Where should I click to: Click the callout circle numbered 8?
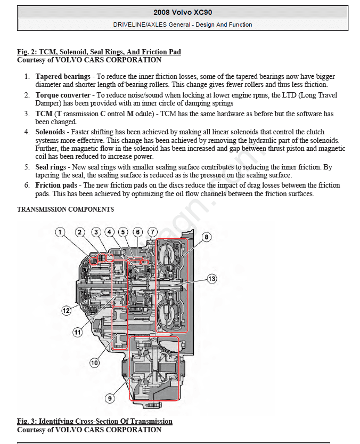click(206, 237)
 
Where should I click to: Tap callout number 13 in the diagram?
click(212, 279)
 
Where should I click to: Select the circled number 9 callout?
click(110, 398)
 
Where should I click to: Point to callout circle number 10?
click(95, 363)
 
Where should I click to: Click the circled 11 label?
click(78, 332)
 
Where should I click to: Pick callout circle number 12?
click(66, 311)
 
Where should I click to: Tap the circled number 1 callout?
click(60, 232)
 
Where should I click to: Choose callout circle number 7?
click(152, 232)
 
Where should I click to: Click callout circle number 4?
click(109, 232)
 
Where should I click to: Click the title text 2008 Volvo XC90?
click(183, 12)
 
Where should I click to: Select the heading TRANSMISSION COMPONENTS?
click(66, 209)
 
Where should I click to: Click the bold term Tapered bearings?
click(63, 76)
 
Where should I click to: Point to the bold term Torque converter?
click(63, 95)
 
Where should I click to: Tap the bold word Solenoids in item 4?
click(50, 132)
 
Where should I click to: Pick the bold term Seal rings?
click(51, 167)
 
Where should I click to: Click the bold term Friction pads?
click(56, 185)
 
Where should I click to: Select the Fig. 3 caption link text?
click(95, 421)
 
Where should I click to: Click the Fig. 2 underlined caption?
click(99, 52)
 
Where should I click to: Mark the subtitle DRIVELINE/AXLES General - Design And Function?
click(183, 25)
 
